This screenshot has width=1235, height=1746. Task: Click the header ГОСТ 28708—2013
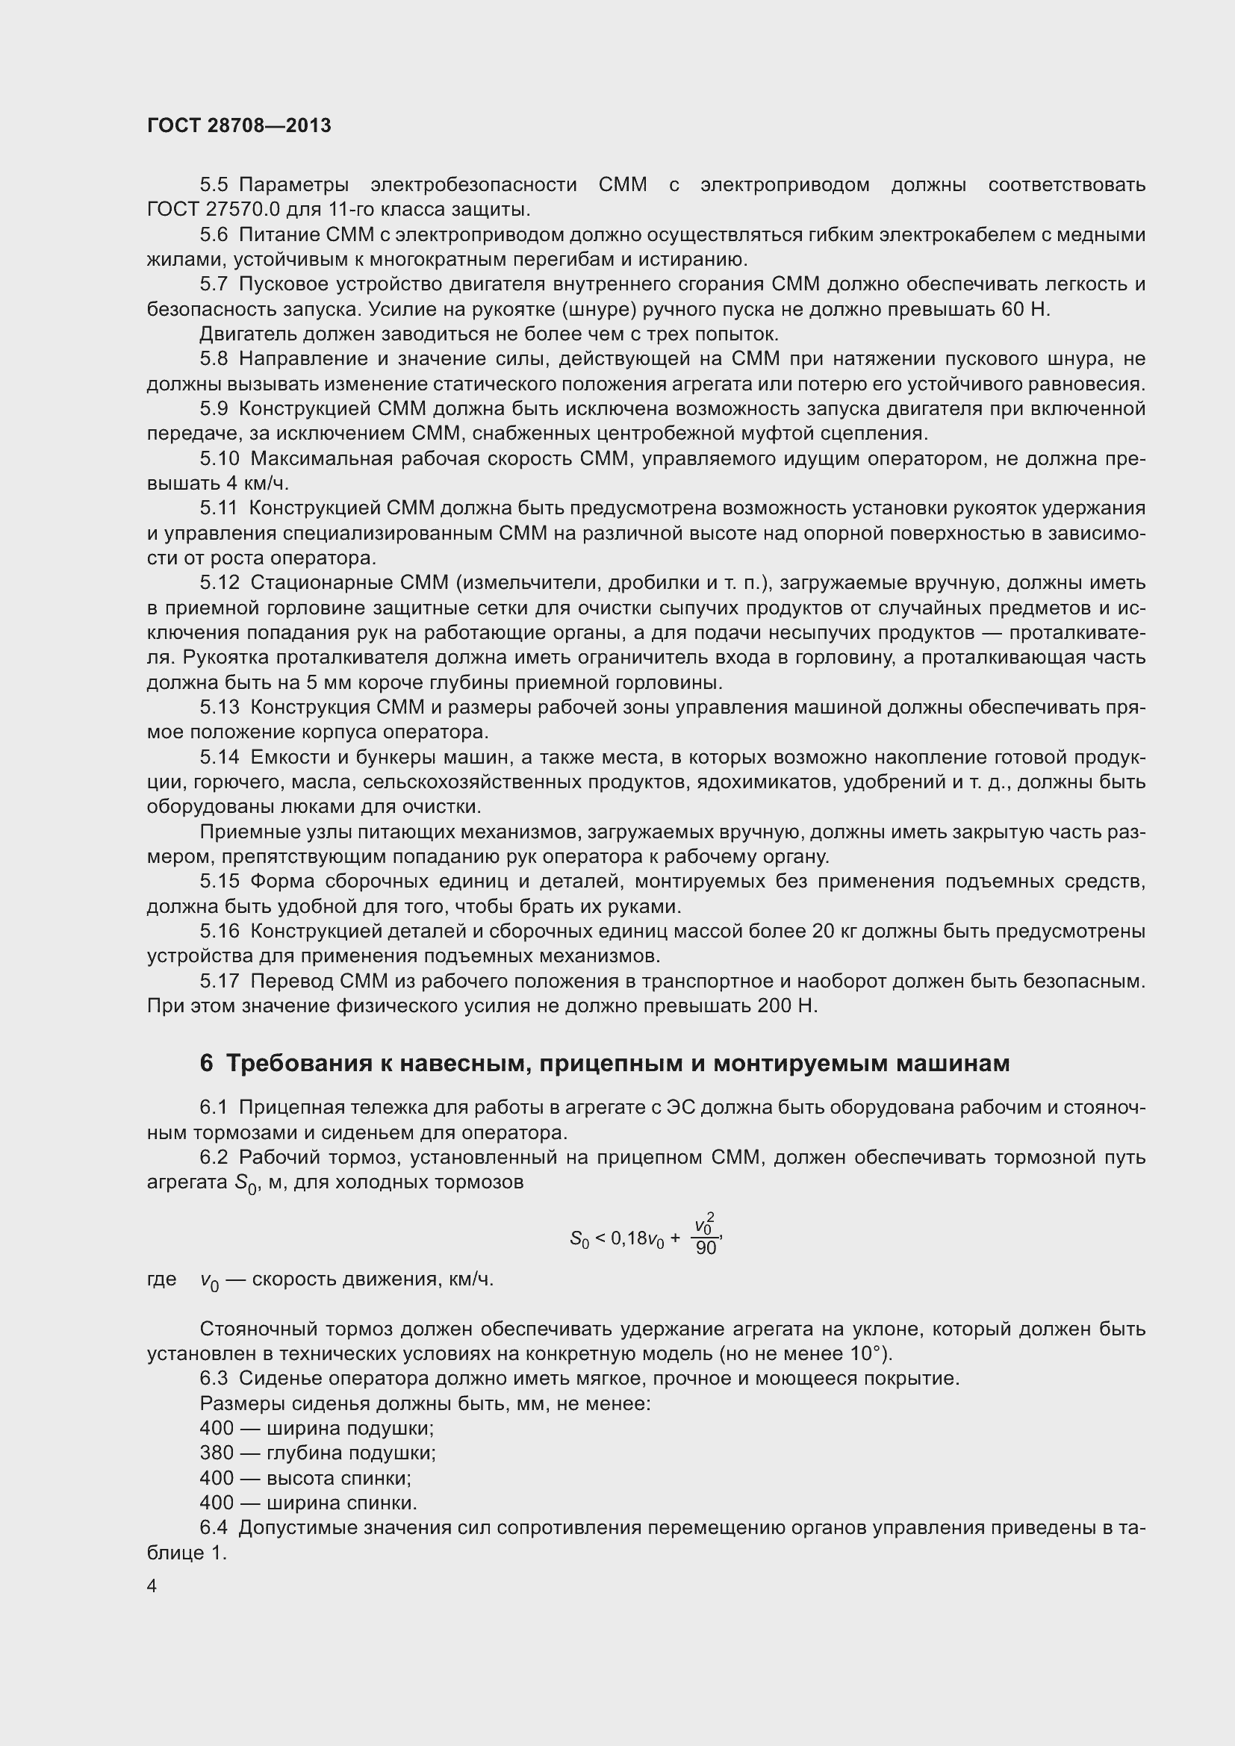(239, 125)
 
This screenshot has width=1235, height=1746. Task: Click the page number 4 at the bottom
(152, 1586)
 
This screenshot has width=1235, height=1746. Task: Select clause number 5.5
(214, 185)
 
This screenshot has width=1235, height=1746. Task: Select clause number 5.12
(219, 583)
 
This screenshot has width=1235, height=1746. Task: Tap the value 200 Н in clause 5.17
(788, 1006)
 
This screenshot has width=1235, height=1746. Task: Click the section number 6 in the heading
(206, 1063)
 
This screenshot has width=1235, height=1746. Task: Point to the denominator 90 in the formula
(706, 1249)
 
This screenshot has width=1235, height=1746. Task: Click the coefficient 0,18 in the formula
(627, 1239)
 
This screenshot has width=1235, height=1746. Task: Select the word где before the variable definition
(161, 1279)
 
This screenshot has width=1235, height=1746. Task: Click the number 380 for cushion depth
(217, 1453)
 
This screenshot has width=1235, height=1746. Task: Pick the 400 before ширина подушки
(217, 1428)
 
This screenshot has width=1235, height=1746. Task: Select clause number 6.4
(214, 1528)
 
